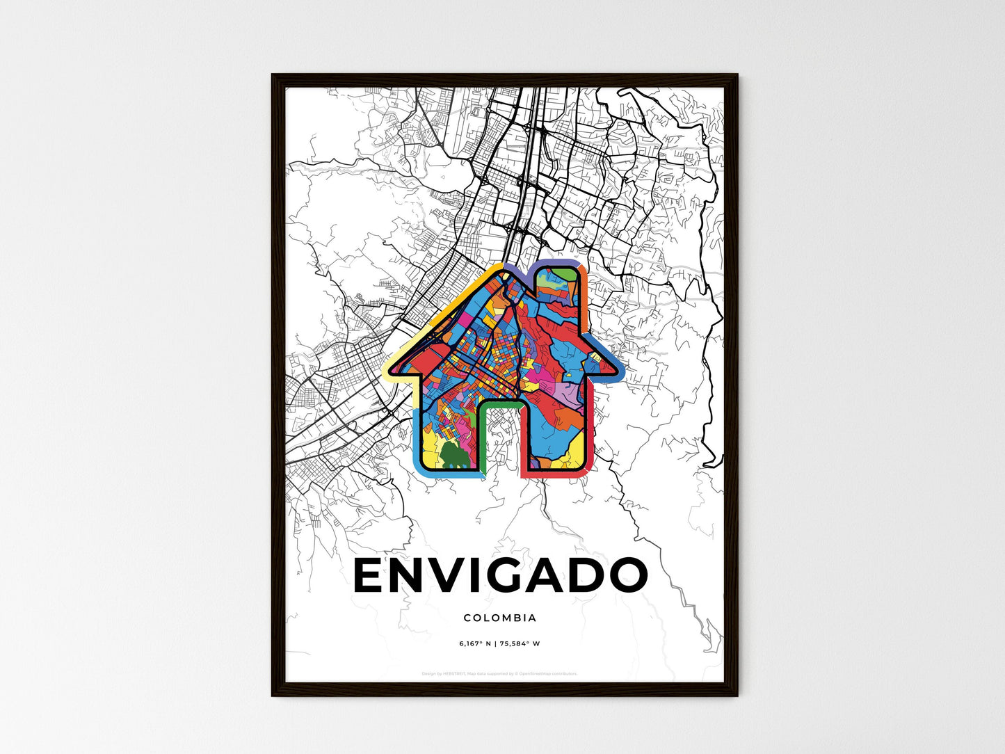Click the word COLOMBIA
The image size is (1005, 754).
(500, 618)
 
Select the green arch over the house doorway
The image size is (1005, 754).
(500, 403)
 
